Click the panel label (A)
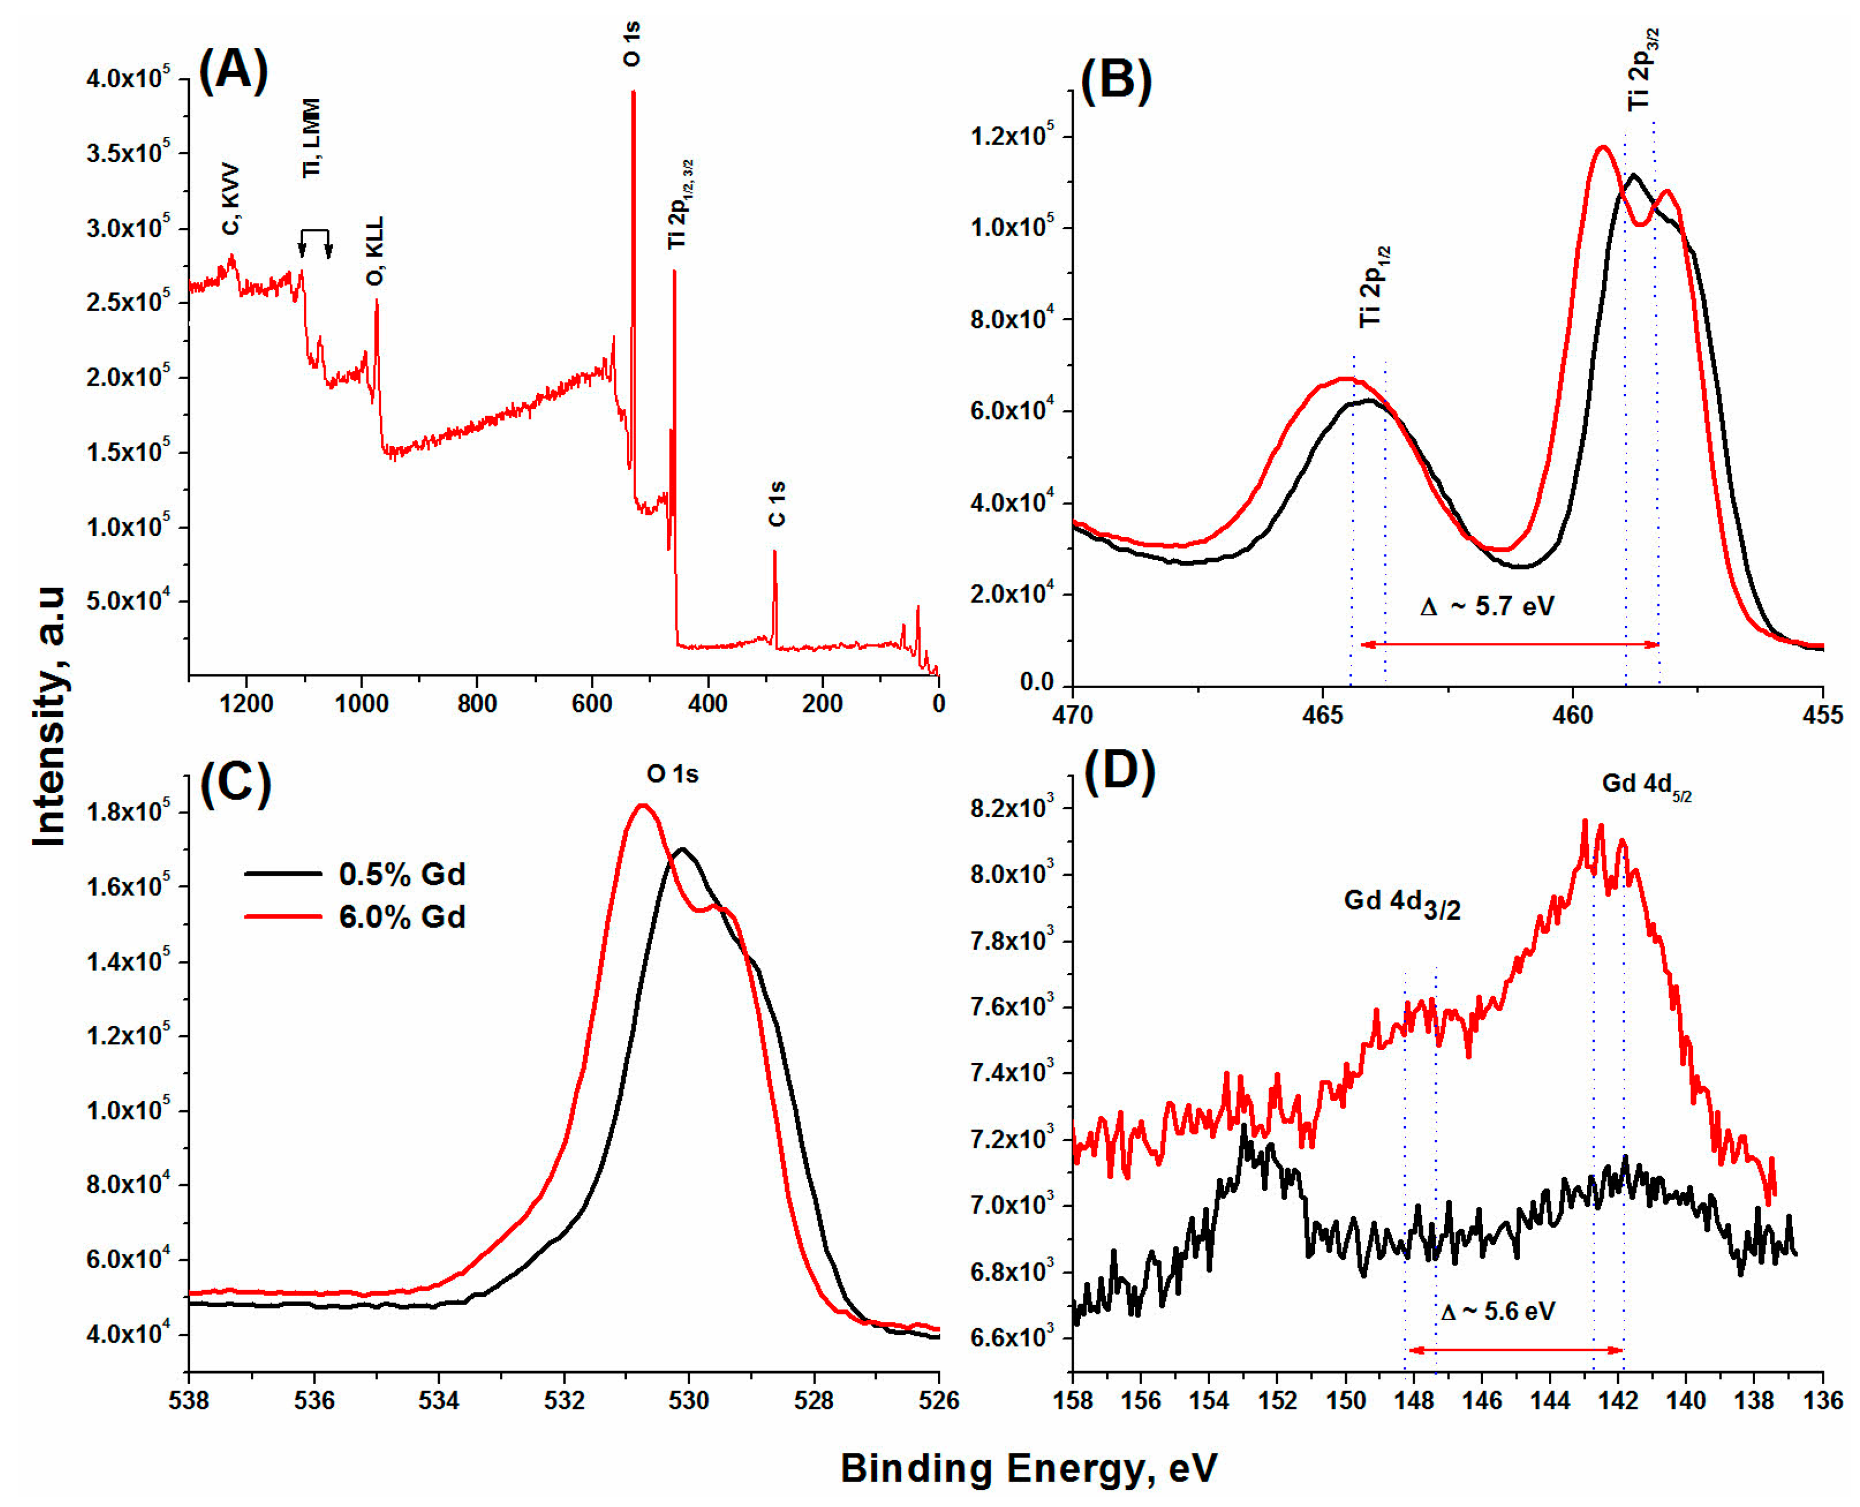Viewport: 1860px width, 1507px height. point(233,70)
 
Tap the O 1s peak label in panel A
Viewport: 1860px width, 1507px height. point(632,44)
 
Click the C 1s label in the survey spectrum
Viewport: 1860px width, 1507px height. point(777,503)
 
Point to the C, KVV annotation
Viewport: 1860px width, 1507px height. point(231,199)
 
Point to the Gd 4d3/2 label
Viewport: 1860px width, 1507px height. point(1401,903)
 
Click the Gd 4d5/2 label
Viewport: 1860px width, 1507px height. point(1645,784)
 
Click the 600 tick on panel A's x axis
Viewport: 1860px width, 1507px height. point(592,703)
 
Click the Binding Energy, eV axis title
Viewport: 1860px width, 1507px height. point(1028,1467)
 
